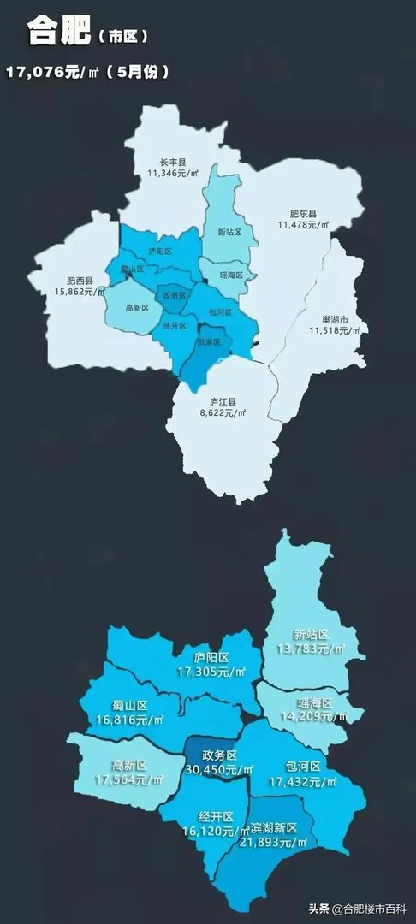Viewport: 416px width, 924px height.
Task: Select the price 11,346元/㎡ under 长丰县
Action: (173, 173)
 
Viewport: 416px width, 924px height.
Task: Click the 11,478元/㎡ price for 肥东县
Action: (303, 224)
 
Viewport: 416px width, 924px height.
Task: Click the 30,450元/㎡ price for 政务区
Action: (219, 769)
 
